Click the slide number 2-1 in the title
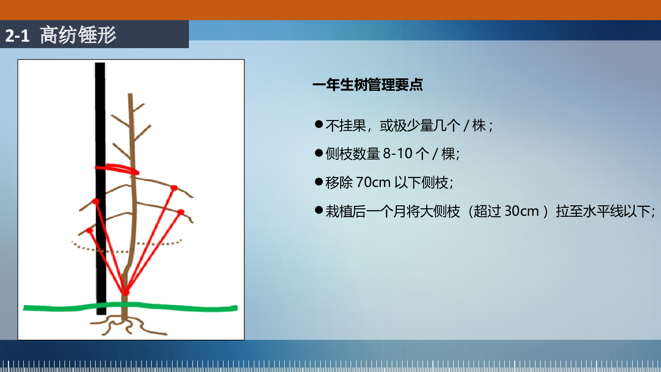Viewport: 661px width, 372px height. [17, 35]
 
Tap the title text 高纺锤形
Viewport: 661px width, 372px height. [78, 35]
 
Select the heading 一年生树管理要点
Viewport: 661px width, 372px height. [367, 85]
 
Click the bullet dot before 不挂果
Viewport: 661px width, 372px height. [319, 124]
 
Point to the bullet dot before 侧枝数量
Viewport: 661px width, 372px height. [319, 153]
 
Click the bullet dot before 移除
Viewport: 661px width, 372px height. [319, 181]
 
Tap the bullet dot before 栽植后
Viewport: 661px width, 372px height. [319, 210]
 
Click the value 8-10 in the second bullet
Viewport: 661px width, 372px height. [398, 154]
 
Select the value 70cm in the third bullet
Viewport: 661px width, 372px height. [373, 182]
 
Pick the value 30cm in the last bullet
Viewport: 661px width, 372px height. [522, 211]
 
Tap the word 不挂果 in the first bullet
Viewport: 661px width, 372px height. [346, 125]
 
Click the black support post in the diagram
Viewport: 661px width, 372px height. [100, 188]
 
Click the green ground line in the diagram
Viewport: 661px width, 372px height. [130, 307]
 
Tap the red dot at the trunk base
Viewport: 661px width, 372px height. [126, 292]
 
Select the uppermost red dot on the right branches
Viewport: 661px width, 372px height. [174, 188]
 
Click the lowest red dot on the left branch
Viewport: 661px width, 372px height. [89, 230]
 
